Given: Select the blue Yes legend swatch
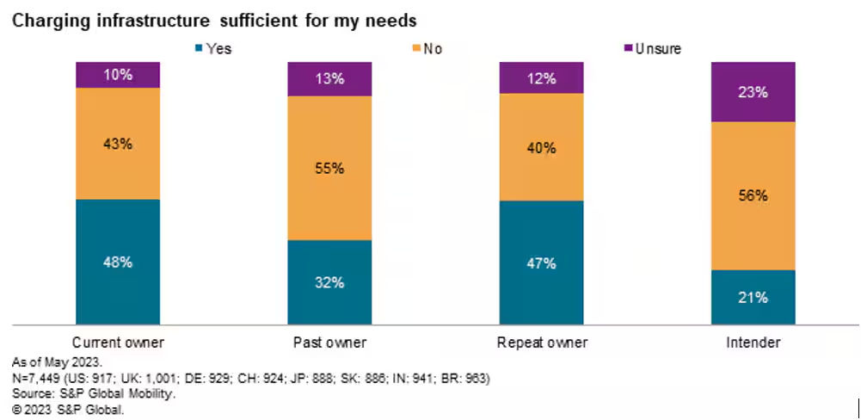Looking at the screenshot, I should click(200, 48).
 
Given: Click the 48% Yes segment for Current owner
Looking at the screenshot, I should click(118, 262).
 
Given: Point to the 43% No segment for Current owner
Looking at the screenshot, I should click(118, 144).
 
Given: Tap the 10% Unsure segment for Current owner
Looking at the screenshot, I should click(118, 75).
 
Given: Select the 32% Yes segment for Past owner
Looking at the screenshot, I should click(329, 282).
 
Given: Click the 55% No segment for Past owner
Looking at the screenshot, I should click(329, 168).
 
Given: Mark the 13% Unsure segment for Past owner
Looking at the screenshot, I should click(329, 79).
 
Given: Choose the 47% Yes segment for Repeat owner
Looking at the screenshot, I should click(542, 263).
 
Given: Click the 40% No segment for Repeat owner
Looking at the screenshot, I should click(542, 147).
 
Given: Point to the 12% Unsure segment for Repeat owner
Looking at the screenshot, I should click(542, 77).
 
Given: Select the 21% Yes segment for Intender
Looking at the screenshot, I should click(753, 298).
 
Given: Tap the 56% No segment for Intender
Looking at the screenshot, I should click(753, 196).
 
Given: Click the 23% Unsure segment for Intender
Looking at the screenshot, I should click(753, 92).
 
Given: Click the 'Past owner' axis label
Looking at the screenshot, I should click(329, 343).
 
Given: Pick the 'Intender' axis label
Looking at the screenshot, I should click(753, 343).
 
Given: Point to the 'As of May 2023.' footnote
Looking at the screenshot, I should click(54, 361).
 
